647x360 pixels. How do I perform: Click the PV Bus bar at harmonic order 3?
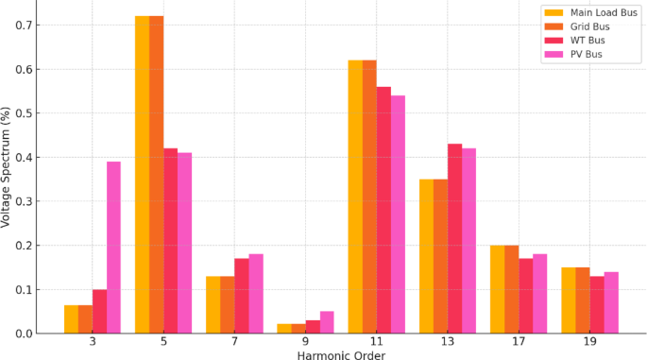pos(113,248)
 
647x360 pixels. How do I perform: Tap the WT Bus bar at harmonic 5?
pos(170,240)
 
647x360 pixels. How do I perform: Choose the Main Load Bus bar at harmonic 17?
pos(497,289)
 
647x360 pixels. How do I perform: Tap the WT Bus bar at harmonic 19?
pos(596,304)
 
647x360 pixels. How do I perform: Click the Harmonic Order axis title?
pos(341,354)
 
